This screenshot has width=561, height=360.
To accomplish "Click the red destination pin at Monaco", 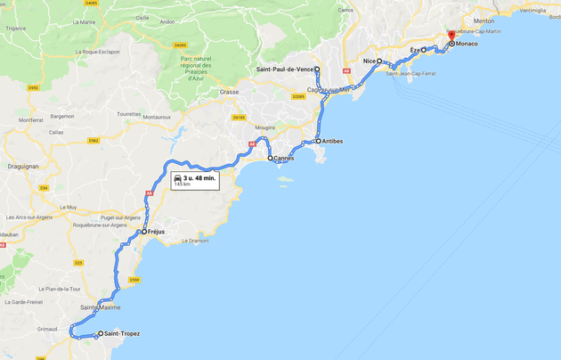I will pos(451,37).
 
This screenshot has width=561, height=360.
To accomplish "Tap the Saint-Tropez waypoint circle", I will pos(100,334).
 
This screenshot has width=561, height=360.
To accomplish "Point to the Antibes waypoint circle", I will pos(318,141).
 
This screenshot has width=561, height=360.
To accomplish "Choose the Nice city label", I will pos(369,61).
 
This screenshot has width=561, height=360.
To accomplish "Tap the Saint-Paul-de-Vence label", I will pos(284,69).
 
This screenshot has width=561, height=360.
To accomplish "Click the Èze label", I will pos(414,51).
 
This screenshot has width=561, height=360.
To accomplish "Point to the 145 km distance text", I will pos(182,185).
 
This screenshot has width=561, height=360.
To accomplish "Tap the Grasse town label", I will pos(230,92).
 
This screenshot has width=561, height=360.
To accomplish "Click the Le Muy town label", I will pos(69,207).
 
